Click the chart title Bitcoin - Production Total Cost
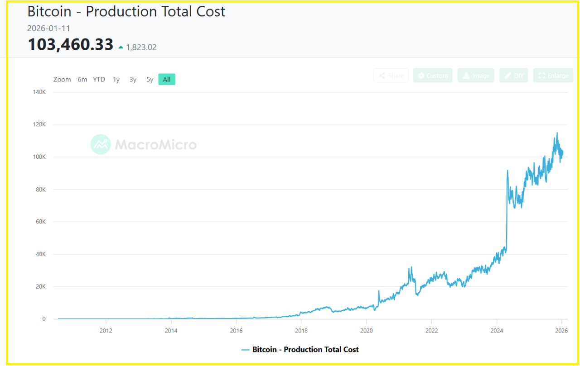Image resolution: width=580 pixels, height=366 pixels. [x=126, y=12]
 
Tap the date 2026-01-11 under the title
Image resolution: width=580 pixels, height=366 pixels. [x=48, y=29]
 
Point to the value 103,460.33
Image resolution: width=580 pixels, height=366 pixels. [x=70, y=45]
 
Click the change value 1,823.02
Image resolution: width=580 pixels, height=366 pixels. [x=141, y=47]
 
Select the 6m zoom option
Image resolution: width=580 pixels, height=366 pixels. [x=82, y=80]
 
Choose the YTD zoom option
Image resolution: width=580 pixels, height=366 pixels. [x=99, y=80]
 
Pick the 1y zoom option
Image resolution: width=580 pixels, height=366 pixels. [x=116, y=80]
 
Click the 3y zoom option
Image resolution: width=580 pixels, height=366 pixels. [x=133, y=80]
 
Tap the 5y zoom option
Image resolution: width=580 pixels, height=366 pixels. [x=150, y=80]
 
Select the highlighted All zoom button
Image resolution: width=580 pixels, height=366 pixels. [x=167, y=80]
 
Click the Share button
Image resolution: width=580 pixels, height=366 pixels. [x=391, y=76]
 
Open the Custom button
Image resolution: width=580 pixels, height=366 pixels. [x=433, y=76]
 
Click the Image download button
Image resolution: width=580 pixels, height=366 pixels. [x=476, y=76]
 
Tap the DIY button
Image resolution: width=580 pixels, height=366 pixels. [x=514, y=76]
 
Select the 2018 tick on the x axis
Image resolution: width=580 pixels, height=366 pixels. [x=301, y=330]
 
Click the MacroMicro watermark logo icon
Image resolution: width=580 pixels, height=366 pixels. [x=101, y=144]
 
